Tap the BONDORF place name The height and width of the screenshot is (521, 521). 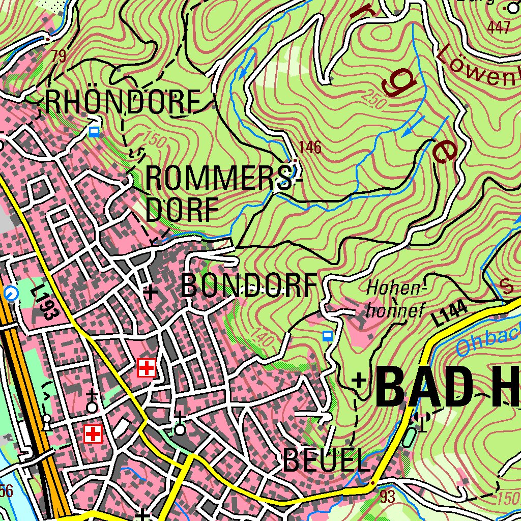(x=249, y=285)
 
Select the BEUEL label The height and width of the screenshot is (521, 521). (x=326, y=461)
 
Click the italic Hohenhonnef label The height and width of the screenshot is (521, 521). (x=395, y=299)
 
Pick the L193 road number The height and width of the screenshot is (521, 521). (x=45, y=303)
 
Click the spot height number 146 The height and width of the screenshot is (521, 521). (x=310, y=148)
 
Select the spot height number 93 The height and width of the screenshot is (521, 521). (x=387, y=497)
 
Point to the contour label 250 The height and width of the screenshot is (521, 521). (x=375, y=99)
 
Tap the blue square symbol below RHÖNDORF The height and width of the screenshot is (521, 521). (x=94, y=132)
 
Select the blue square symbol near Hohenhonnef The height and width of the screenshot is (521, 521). (x=328, y=335)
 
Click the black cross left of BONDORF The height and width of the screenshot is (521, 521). (x=150, y=292)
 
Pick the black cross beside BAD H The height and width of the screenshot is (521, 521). (x=360, y=380)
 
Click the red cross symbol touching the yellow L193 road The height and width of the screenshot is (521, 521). (x=147, y=367)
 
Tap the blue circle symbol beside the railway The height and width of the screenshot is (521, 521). (x=11, y=293)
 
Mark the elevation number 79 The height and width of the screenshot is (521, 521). (x=59, y=56)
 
